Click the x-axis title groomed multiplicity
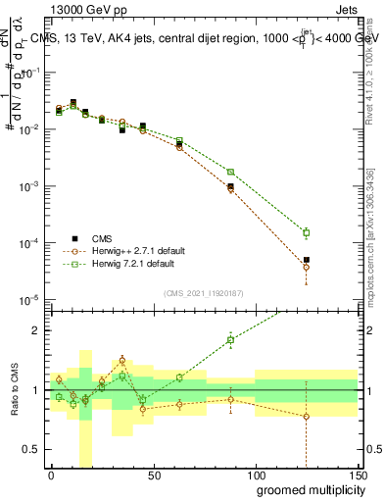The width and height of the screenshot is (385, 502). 305,488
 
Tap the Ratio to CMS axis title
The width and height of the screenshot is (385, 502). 13,390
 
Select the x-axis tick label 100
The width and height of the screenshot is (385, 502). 256,474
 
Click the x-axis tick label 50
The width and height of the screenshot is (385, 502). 153,474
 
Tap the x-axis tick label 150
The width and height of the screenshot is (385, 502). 357,474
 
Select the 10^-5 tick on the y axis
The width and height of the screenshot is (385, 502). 29,299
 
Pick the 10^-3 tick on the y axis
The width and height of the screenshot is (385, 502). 29,185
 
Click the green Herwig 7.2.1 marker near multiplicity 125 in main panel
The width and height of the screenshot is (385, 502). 307,232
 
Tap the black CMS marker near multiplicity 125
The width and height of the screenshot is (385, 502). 307,260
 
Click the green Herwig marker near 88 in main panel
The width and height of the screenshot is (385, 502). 231,172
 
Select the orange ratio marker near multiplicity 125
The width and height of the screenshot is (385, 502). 307,416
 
